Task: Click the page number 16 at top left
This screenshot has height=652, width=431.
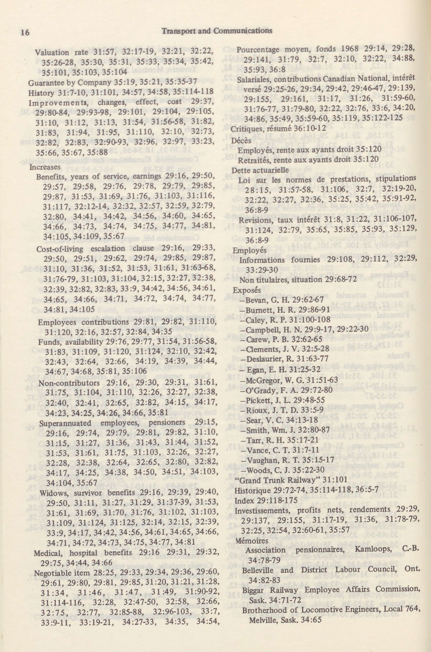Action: coord(25,32)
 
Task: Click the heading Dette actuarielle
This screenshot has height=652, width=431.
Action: coord(260,170)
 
